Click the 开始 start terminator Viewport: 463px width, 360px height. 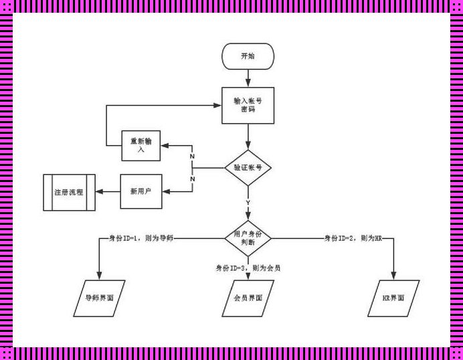248,56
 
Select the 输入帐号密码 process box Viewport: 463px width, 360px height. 248,105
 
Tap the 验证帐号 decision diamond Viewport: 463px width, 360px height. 248,168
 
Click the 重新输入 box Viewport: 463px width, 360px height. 141,145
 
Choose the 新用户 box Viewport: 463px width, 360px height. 141,191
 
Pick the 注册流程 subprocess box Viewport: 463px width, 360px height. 69,192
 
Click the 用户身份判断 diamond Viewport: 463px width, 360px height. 248,238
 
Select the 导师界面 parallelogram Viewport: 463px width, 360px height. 99,298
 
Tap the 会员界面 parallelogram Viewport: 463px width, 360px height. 248,298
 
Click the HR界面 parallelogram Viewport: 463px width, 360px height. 393,298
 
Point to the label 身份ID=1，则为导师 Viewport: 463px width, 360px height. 141,238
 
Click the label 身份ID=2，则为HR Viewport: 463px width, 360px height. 353,238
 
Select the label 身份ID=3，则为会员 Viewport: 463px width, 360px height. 248,268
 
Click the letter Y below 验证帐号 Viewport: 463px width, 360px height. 248,202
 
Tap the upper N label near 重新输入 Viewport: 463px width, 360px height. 192,156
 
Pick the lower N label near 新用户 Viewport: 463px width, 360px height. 192,179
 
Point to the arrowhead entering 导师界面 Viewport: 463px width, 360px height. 99,276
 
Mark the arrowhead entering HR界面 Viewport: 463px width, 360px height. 393,276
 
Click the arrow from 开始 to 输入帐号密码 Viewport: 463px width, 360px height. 248,78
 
